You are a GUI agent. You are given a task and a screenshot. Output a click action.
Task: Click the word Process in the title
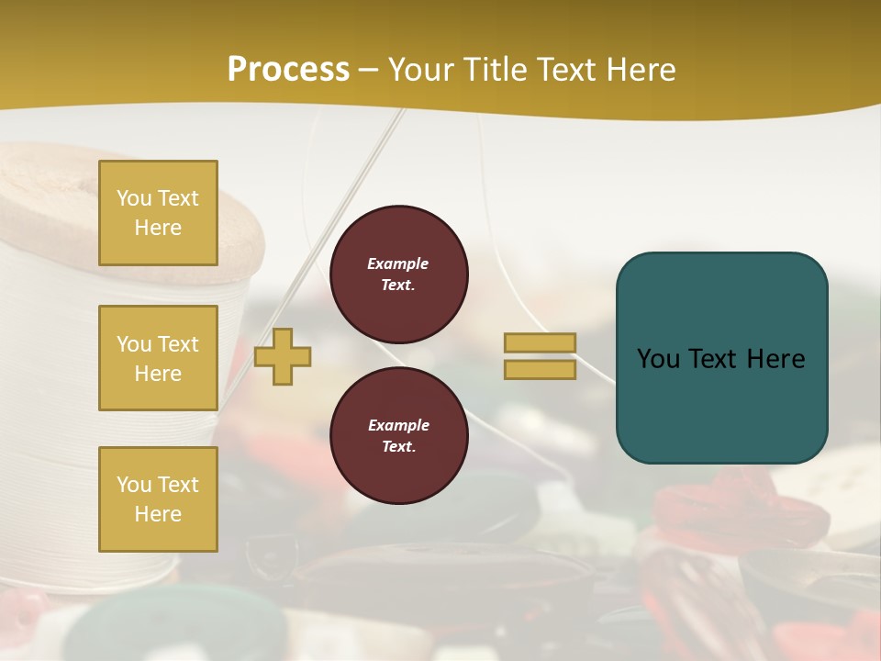(288, 70)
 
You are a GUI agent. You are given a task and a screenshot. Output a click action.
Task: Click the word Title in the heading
(494, 70)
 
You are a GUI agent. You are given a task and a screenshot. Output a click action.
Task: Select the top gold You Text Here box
(158, 213)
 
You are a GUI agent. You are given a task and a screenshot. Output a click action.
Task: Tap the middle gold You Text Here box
(158, 358)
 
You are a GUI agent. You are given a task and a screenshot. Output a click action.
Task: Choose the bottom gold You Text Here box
(158, 499)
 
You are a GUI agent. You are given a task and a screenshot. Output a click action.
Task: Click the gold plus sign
(283, 356)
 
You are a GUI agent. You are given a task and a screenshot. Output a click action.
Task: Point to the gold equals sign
(540, 356)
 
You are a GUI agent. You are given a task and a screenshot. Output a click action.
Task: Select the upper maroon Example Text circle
(399, 274)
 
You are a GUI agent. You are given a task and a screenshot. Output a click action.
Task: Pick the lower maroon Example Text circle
(399, 436)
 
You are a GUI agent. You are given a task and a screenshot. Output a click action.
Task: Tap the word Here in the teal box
(775, 359)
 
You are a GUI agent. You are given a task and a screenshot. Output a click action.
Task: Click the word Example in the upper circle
(398, 264)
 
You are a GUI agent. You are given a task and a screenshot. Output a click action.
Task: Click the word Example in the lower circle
(398, 426)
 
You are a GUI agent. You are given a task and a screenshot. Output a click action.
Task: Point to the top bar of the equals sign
(540, 342)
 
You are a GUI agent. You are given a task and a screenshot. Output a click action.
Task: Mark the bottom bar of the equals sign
(540, 370)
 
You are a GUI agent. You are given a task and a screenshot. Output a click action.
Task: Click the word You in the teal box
(657, 359)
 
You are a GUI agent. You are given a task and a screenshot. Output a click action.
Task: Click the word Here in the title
(642, 70)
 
